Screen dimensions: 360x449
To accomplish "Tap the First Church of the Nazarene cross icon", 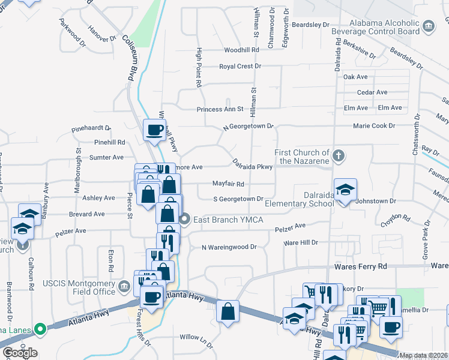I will pos(339,156).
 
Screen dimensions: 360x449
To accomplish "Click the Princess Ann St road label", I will pos(220,109).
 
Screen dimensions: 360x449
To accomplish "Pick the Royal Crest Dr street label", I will pos(240,66).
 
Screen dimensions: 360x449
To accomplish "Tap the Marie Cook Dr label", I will pos(374,126).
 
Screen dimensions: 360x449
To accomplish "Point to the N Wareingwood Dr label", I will pos(229,247).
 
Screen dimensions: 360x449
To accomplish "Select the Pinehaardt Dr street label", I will pos(91,128).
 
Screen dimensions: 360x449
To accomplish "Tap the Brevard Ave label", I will pos(86,214).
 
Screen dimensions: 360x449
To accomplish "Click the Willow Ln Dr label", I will pos(196,337).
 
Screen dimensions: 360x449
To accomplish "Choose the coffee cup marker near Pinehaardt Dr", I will pos(155,130).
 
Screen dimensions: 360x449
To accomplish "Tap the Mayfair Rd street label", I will pos(228,184).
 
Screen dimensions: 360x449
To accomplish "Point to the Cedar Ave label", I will pos(372,92).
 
